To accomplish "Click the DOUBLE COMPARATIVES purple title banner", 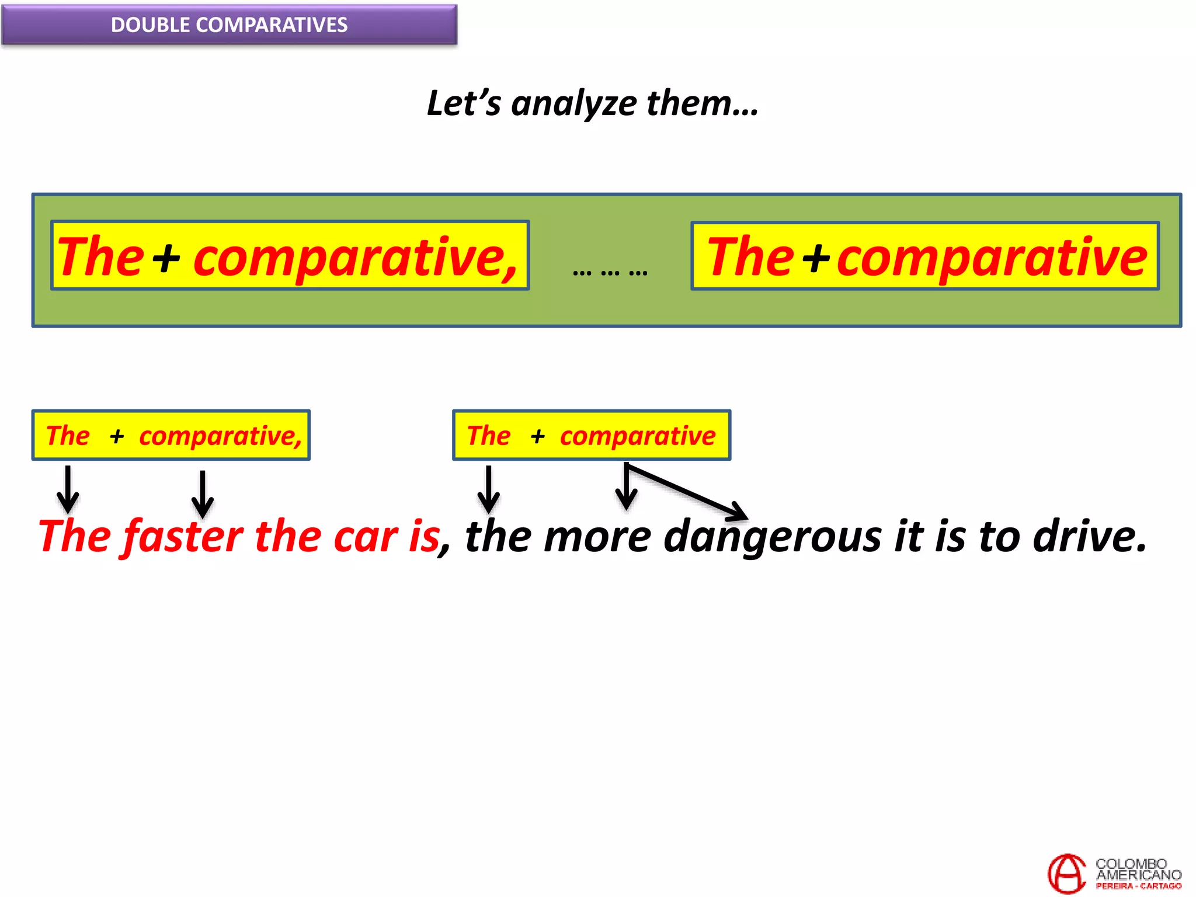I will point(229,25).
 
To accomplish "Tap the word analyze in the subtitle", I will point(573,104).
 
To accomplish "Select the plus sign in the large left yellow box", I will point(166,258).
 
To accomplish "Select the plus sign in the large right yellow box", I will point(816,258).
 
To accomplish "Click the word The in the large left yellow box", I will point(100,257).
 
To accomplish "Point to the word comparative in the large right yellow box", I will point(992,258).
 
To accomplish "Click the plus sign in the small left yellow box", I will point(117,436).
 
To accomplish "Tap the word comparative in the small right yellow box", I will point(637,436).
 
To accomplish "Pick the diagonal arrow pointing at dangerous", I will point(689,492).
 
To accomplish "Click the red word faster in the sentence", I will point(183,536).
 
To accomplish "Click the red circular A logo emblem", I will point(1067,873).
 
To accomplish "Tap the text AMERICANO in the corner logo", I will point(1138,875).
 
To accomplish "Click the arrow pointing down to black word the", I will point(488,489).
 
